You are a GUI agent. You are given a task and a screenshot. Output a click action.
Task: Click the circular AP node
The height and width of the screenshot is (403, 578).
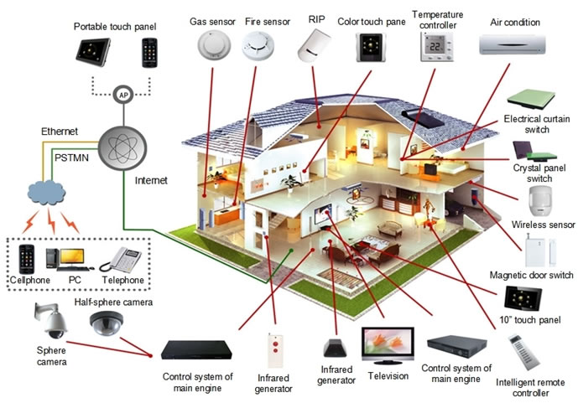(123, 95)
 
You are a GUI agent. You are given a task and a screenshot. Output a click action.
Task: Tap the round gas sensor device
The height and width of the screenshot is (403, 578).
(214, 45)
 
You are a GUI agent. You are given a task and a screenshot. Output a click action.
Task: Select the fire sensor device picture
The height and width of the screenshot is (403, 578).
(258, 46)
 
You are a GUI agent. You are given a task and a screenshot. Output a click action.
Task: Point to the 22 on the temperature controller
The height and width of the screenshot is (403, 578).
(435, 46)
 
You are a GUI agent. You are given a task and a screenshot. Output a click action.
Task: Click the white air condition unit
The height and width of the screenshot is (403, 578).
(512, 44)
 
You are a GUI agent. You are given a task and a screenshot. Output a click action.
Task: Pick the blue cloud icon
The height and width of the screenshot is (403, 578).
(46, 193)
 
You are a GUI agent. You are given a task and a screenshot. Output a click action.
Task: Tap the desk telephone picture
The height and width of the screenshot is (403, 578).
(121, 260)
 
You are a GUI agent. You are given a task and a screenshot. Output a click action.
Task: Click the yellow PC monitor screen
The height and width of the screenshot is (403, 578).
(72, 256)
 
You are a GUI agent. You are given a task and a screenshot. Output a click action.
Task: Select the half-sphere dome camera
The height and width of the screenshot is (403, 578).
(107, 323)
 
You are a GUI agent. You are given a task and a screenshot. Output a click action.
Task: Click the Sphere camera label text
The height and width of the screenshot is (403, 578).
(52, 356)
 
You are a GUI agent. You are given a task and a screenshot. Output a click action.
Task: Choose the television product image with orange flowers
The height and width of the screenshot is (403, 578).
(388, 345)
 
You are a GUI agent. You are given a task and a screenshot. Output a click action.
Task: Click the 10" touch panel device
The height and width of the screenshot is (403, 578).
(523, 298)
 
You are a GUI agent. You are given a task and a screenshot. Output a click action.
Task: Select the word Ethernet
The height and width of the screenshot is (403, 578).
(60, 132)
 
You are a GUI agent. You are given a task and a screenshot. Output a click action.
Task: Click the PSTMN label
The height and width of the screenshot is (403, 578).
(71, 158)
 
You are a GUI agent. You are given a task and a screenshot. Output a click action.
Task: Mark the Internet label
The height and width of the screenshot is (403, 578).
(151, 180)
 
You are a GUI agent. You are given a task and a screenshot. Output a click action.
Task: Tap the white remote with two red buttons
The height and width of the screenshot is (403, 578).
(275, 350)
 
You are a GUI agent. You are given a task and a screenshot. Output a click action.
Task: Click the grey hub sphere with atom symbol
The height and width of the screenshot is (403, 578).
(122, 148)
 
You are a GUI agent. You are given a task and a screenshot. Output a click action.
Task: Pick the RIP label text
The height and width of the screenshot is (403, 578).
(316, 19)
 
